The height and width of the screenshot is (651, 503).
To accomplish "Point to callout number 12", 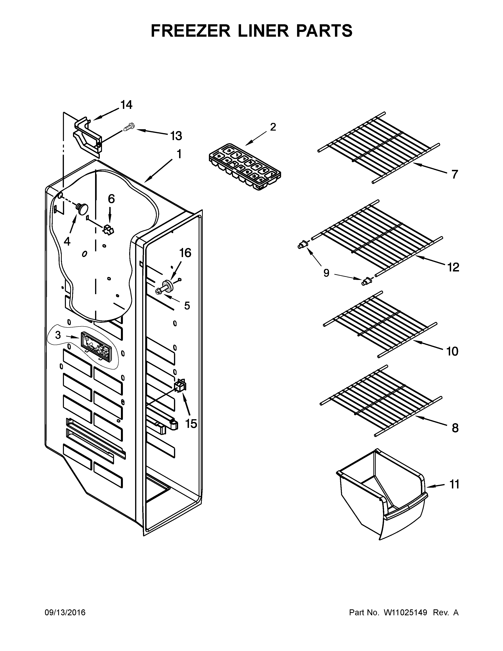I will click(x=453, y=267).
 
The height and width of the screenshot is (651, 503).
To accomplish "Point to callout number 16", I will click(x=185, y=253).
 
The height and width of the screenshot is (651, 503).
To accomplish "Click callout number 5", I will click(x=187, y=306).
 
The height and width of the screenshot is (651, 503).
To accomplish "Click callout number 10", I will click(x=452, y=352).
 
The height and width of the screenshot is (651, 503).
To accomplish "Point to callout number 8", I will click(x=455, y=428).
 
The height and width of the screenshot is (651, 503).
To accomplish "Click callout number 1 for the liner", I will click(x=179, y=154).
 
